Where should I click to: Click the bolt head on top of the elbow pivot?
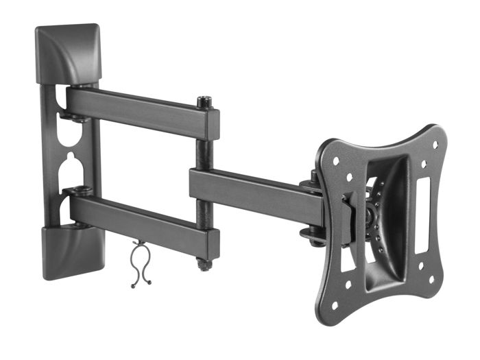(204, 102)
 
